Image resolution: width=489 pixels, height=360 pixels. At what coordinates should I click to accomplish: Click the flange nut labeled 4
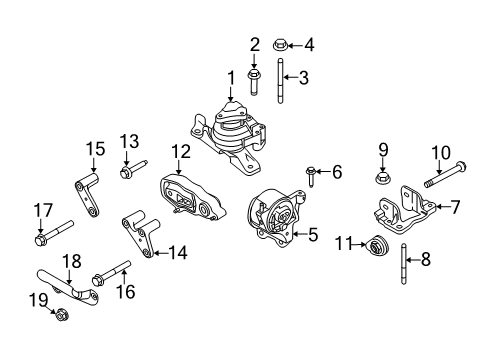click(282, 44)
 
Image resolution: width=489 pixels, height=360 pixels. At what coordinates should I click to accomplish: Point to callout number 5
click(312, 236)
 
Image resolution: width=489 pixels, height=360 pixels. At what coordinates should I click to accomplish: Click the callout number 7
click(455, 209)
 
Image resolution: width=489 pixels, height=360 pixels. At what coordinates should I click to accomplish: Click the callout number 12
click(179, 152)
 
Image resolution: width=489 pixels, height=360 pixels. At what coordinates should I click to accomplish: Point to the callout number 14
click(179, 253)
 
